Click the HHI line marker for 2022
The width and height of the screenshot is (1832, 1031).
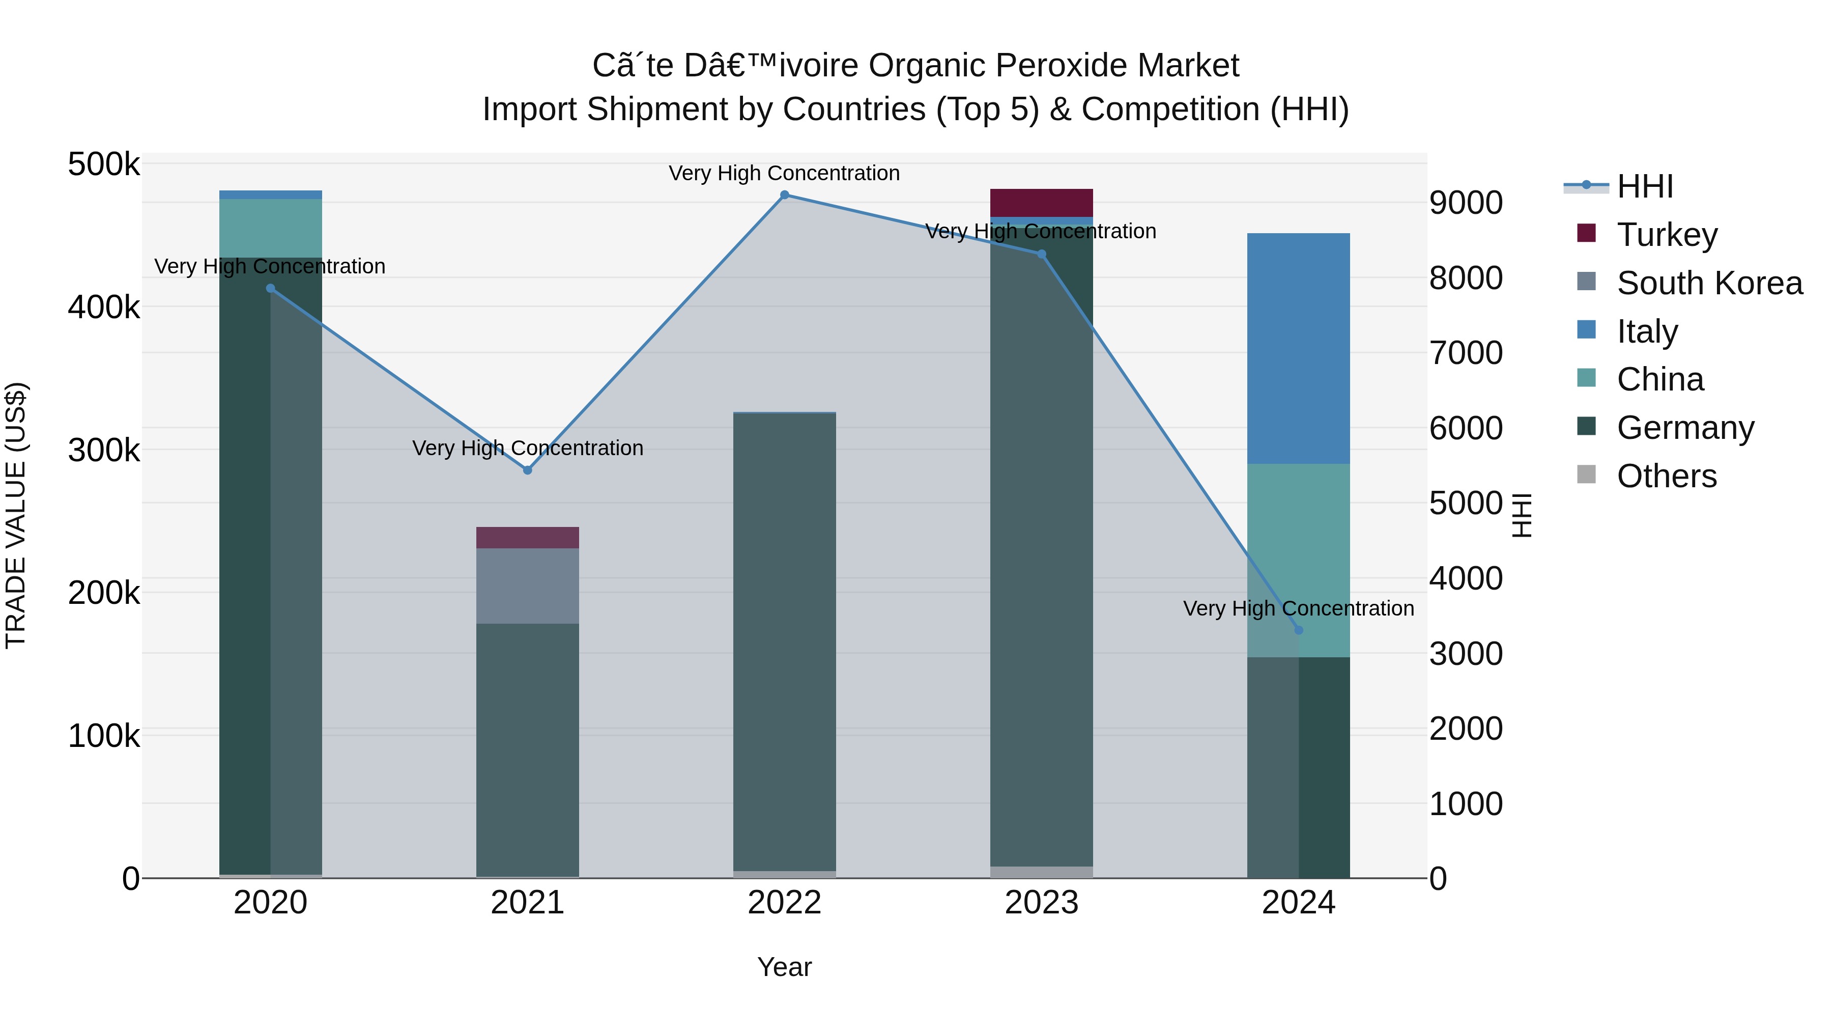pos(784,195)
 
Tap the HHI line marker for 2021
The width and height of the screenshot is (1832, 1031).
pos(527,470)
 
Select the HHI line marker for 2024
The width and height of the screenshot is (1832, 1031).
pos(1299,630)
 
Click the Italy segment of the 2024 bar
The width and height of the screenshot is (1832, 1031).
pos(1299,349)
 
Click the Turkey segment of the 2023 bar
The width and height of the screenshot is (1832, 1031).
pos(1041,203)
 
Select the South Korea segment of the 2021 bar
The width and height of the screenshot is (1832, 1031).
pos(527,586)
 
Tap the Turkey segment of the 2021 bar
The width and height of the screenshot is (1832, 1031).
pos(527,537)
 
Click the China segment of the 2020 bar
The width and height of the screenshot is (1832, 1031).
pos(270,228)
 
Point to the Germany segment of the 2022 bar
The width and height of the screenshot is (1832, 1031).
pos(784,640)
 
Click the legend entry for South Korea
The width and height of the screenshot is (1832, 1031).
pos(1709,283)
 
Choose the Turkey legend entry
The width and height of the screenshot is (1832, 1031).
pos(1666,235)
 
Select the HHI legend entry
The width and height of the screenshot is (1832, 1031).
pos(1644,186)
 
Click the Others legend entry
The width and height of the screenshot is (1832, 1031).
pos(1666,476)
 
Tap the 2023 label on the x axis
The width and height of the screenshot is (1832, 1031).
pos(1041,903)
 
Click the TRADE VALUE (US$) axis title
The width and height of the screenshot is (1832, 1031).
pos(16,515)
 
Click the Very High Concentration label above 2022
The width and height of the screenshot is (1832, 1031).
pos(784,173)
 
